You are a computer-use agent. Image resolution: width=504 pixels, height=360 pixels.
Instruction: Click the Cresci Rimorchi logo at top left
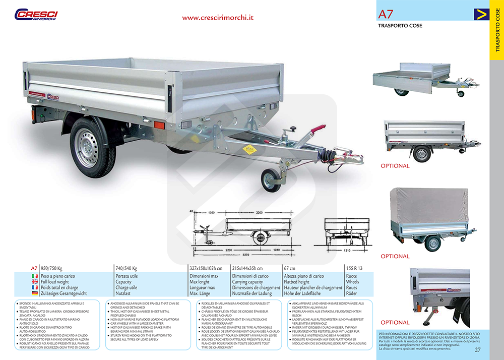point(36,15)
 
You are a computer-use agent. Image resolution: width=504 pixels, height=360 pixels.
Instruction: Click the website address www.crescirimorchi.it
point(218,17)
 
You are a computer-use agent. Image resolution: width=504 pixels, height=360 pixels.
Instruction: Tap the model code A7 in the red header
point(387,14)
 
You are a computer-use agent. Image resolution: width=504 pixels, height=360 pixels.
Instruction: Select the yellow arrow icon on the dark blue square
point(481,14)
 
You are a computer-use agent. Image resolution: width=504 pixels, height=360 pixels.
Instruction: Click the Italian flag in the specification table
point(35,276)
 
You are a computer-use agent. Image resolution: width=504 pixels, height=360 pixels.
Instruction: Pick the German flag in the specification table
point(35,293)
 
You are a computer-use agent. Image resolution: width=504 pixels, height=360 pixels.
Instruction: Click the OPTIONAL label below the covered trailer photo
point(395,256)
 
